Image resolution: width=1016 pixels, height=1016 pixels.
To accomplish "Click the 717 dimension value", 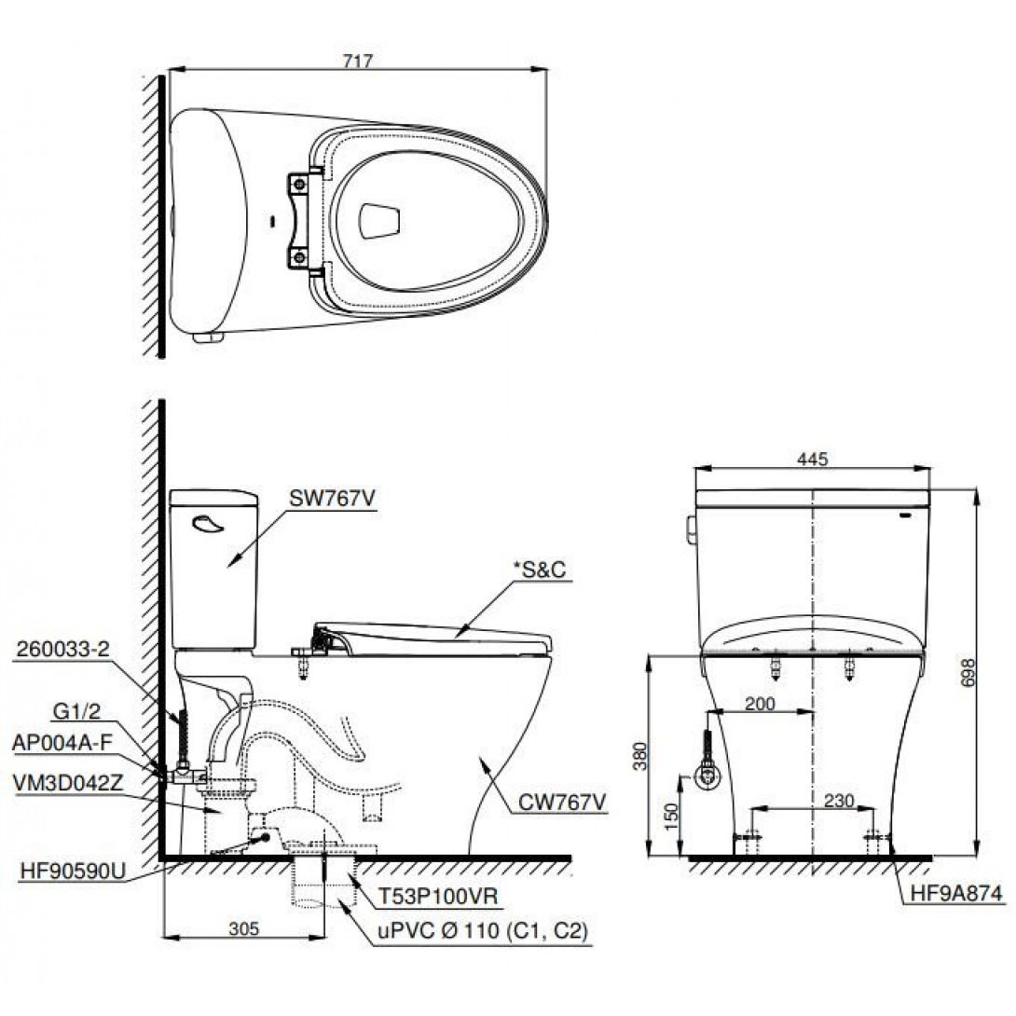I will pos(357,60).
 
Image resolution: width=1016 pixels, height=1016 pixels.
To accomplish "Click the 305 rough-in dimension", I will pos(243,928).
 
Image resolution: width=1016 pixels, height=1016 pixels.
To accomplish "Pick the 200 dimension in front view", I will pos(761,704).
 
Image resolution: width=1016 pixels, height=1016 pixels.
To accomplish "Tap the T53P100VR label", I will pos(438,897).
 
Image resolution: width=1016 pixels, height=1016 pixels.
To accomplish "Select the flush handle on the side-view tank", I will pos(208,525).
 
